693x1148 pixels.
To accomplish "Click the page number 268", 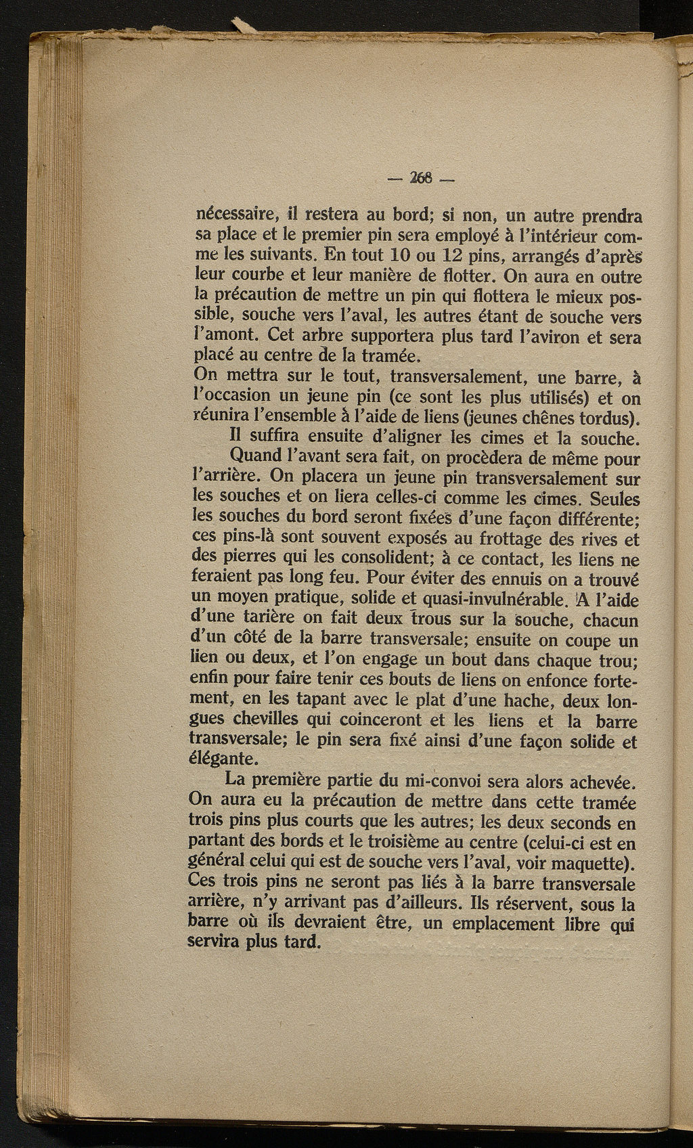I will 422,180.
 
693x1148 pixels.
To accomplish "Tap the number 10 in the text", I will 399,257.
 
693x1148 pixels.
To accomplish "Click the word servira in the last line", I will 217,943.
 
